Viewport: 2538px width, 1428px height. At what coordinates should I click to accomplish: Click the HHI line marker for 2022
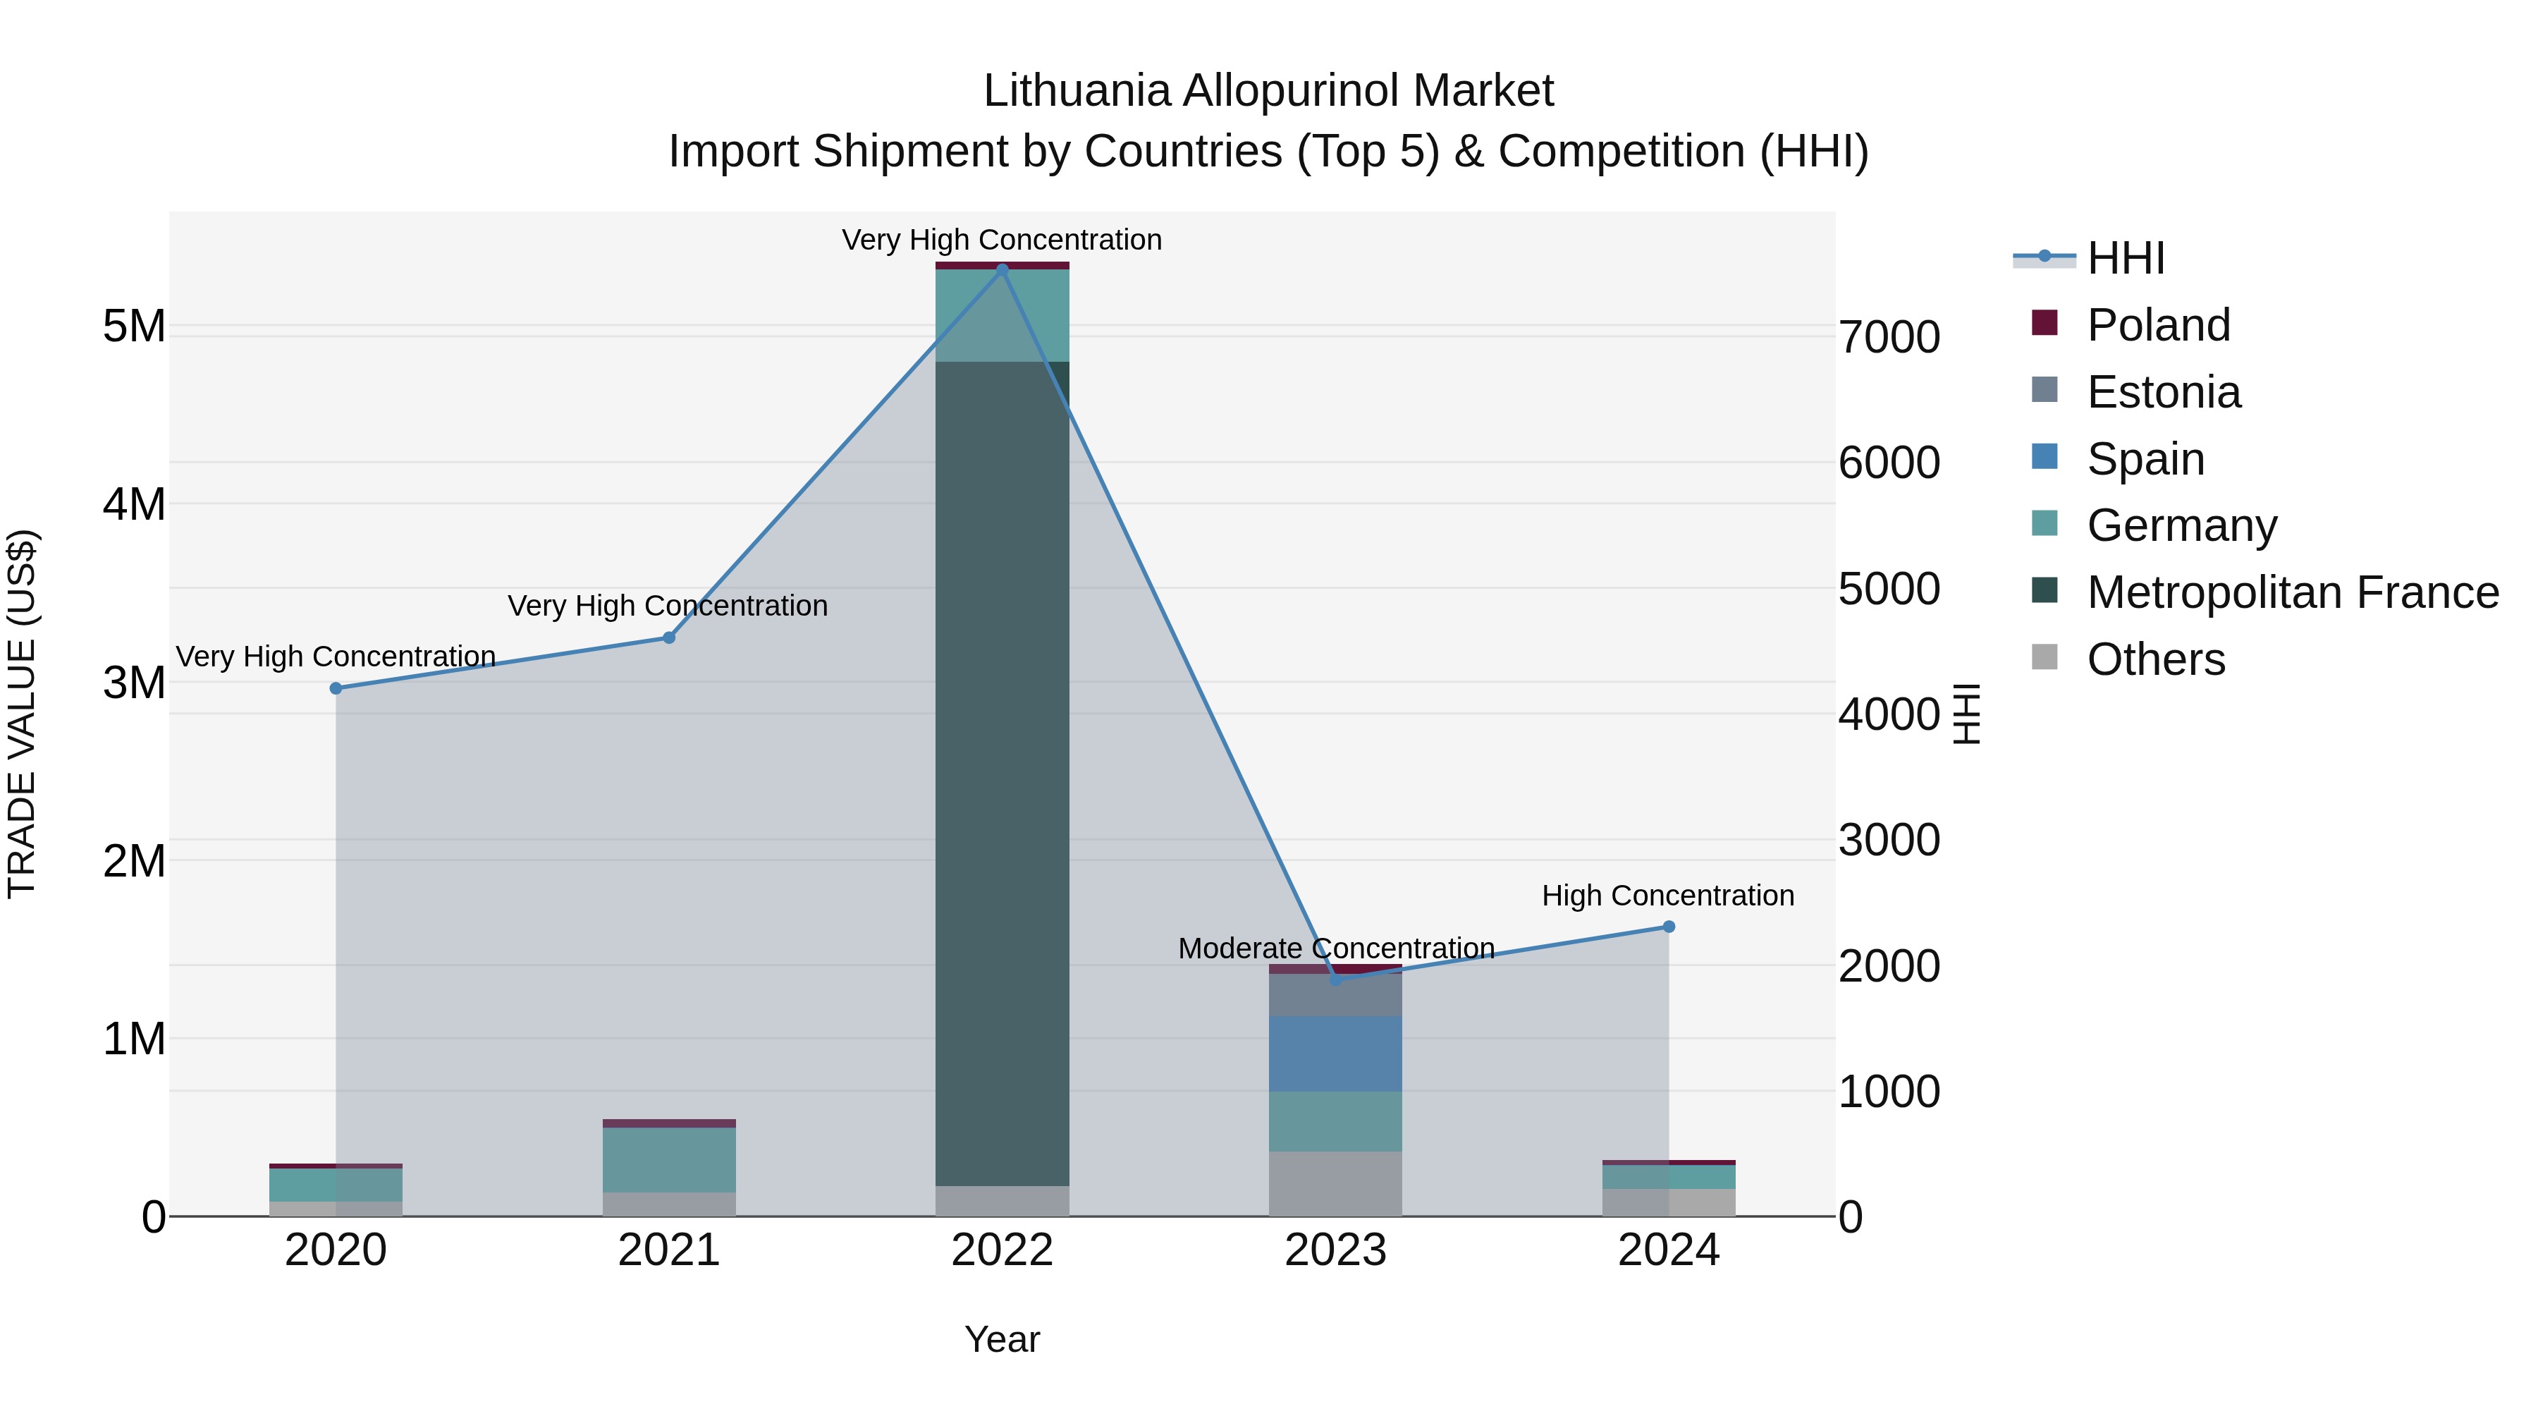coord(1002,269)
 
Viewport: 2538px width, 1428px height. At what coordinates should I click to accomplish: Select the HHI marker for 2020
coord(336,688)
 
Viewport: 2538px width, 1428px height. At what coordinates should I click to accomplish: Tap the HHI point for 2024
coord(1669,927)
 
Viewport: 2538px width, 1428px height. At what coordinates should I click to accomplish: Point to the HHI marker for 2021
coord(669,637)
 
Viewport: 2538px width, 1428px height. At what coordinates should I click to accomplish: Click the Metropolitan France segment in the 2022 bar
coord(1002,774)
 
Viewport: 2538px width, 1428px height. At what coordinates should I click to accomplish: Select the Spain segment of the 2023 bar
coord(1335,1054)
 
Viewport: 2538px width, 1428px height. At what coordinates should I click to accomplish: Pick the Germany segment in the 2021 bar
coord(669,1160)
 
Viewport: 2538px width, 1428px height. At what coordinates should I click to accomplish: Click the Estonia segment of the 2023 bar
coord(1335,995)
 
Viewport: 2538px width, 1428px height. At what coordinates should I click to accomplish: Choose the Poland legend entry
coord(2158,325)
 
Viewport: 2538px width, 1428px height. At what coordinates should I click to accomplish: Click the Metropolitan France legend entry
coord(2292,592)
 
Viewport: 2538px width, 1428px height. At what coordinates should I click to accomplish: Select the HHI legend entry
coord(2125,258)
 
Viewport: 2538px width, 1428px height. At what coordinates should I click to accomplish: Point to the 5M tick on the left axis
coord(134,327)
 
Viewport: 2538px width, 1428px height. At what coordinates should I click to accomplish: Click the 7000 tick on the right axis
coord(1889,337)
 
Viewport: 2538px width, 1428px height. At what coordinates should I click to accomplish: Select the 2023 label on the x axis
coord(1335,1250)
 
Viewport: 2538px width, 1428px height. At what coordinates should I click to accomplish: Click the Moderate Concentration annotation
coord(1336,948)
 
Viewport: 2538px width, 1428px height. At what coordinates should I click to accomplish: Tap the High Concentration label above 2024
coord(1668,896)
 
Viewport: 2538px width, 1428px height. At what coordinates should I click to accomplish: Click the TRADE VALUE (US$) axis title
coord(23,714)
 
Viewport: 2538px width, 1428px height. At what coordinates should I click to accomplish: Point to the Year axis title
coord(1002,1339)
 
